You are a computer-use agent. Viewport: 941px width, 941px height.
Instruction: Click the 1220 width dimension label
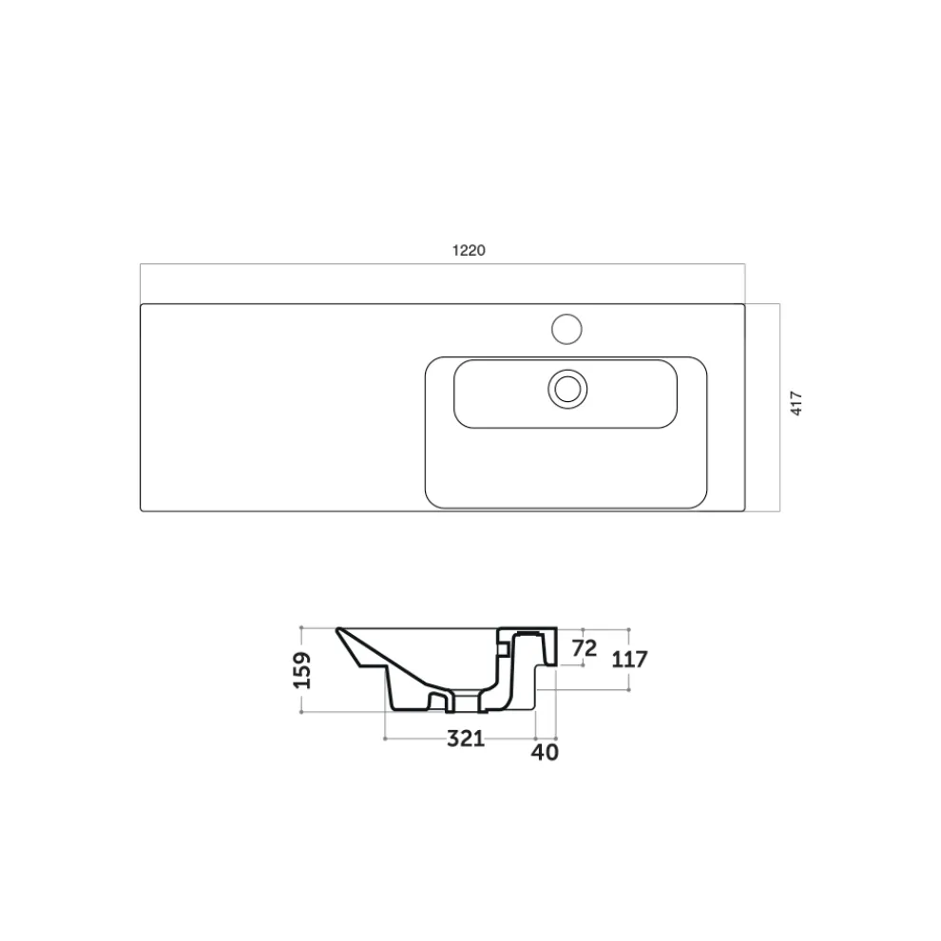point(469,250)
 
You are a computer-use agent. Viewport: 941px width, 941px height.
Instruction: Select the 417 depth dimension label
point(797,403)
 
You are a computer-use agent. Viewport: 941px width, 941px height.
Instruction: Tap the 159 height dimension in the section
point(302,670)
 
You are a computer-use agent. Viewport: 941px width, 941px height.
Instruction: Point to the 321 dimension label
point(466,739)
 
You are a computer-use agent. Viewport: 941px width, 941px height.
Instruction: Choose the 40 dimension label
point(545,752)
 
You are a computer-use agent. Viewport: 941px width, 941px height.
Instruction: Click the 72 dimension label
point(585,648)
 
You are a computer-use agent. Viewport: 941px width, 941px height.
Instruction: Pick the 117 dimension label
point(629,660)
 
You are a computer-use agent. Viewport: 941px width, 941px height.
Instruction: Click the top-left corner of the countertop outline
point(141,304)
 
